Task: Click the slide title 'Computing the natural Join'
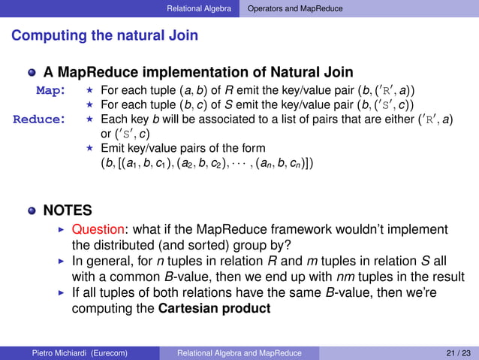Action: (x=105, y=35)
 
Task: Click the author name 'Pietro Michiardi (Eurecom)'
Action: (x=74, y=352)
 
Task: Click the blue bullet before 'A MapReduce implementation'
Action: (x=32, y=74)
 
